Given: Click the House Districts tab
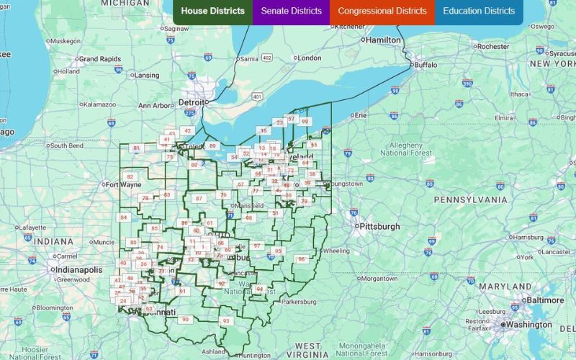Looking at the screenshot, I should tap(212, 12).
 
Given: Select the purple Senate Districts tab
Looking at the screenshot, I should tap(291, 12).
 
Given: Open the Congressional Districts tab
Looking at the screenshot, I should tap(382, 12).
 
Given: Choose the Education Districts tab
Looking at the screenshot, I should tap(479, 12).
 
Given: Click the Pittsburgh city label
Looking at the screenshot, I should tap(380, 226).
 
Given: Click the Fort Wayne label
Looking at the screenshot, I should tap(122, 184).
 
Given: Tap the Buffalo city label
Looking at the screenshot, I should tap(425, 65).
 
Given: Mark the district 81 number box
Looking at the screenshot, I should tap(136, 148).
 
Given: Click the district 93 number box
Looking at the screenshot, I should tap(226, 320).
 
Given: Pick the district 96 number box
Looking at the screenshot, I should tap(302, 259).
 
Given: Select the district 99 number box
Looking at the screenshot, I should tap(305, 122).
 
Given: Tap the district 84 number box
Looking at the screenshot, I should tap(124, 217).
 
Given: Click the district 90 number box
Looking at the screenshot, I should tap(185, 319).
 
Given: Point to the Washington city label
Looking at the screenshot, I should tap(528, 325).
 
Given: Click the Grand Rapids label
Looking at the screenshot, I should tap(97, 58).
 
